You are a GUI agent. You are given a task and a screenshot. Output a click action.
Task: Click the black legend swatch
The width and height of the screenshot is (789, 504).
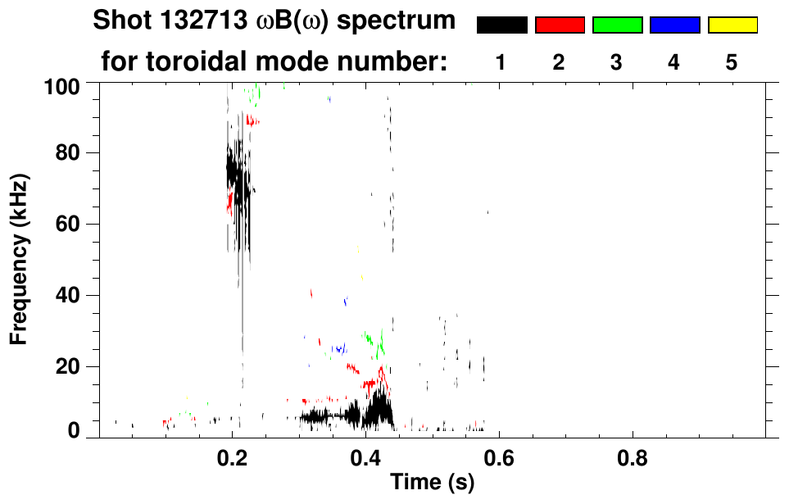(502, 25)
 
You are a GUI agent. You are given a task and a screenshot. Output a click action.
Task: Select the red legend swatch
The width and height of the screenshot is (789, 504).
(560, 25)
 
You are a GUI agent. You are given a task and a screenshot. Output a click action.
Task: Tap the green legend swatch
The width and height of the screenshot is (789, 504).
(617, 25)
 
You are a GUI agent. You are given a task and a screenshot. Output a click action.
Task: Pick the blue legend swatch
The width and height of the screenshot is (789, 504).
(674, 25)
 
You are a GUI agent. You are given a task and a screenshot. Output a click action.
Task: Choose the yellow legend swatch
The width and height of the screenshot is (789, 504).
(732, 25)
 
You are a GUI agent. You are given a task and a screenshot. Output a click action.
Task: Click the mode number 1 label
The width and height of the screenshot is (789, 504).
(501, 62)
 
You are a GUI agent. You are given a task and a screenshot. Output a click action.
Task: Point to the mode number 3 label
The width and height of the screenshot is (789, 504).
(617, 62)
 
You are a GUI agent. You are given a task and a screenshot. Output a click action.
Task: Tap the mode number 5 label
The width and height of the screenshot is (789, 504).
(732, 62)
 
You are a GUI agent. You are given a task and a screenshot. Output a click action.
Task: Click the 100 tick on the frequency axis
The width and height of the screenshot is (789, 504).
(62, 85)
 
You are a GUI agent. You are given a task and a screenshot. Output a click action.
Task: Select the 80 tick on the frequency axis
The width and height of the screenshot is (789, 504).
(67, 153)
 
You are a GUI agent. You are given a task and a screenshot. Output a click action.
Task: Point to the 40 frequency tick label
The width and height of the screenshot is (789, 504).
(67, 295)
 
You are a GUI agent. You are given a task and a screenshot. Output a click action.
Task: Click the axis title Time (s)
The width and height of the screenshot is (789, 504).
(432, 483)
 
